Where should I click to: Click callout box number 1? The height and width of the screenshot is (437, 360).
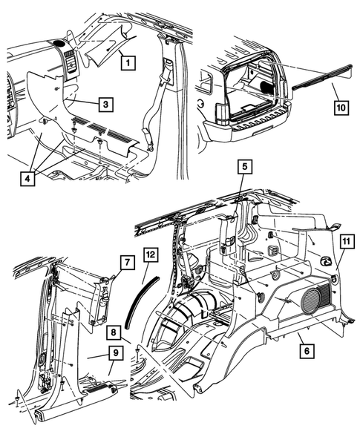coord(128,63)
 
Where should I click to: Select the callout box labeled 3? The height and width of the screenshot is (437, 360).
coord(105,104)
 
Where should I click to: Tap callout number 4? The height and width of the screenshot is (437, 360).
coord(27,179)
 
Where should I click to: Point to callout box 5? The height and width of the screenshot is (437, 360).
coord(244,167)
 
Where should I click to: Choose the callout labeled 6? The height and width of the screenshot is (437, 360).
coord(307,351)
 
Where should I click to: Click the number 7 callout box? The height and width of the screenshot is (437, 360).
coord(128,262)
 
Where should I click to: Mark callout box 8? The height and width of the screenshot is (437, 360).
coord(114,332)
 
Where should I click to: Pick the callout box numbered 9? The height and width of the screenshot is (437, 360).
coord(116,353)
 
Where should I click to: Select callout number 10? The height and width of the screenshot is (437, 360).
coord(341,108)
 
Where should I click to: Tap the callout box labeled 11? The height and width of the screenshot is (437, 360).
coord(347,241)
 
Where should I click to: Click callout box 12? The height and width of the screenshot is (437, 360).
coord(151,254)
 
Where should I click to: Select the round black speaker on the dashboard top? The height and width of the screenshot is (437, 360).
coord(59,43)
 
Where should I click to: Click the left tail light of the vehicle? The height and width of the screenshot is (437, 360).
coord(222,114)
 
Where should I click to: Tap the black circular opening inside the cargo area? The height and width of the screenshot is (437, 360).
coord(268,88)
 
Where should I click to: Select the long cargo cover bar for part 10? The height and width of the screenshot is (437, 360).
coord(322,76)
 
